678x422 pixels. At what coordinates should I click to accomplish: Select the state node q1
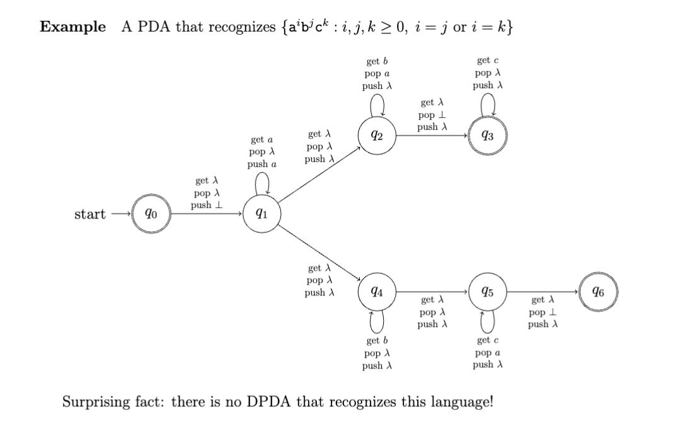coord(261,214)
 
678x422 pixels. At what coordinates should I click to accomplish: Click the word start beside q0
coord(90,214)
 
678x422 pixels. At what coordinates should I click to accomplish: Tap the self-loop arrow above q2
coord(377,103)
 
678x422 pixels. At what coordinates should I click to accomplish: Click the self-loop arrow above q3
coord(488,103)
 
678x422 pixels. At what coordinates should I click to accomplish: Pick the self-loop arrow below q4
coord(377,322)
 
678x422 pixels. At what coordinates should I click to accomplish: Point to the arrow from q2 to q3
coord(432,134)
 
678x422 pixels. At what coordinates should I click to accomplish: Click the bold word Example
coord(73,28)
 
